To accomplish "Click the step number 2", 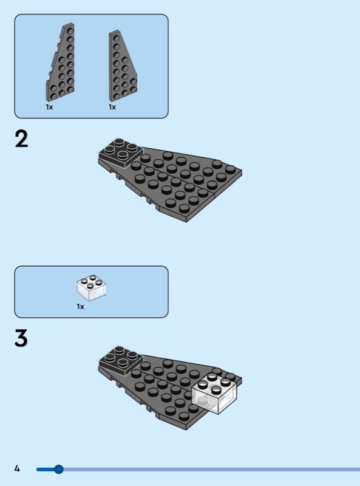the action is point(21,139).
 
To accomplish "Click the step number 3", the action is point(21,338).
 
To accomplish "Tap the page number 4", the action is point(17,468).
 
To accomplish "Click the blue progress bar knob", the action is point(58,469).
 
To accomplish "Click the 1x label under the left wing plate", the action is point(50,108).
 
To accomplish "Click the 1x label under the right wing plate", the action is point(112,108).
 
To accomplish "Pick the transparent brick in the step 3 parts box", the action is point(92,287).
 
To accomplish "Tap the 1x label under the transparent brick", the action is point(80,307).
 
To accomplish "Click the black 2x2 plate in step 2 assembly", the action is point(121,152).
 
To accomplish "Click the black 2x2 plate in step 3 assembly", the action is point(121,360).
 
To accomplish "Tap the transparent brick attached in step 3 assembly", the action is point(214,392).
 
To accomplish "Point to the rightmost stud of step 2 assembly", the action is point(230,169).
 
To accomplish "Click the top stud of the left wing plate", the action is point(70,31).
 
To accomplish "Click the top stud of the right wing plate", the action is point(116,38).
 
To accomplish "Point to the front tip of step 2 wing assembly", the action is point(186,222).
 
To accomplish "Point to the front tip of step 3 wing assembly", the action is point(186,430).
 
